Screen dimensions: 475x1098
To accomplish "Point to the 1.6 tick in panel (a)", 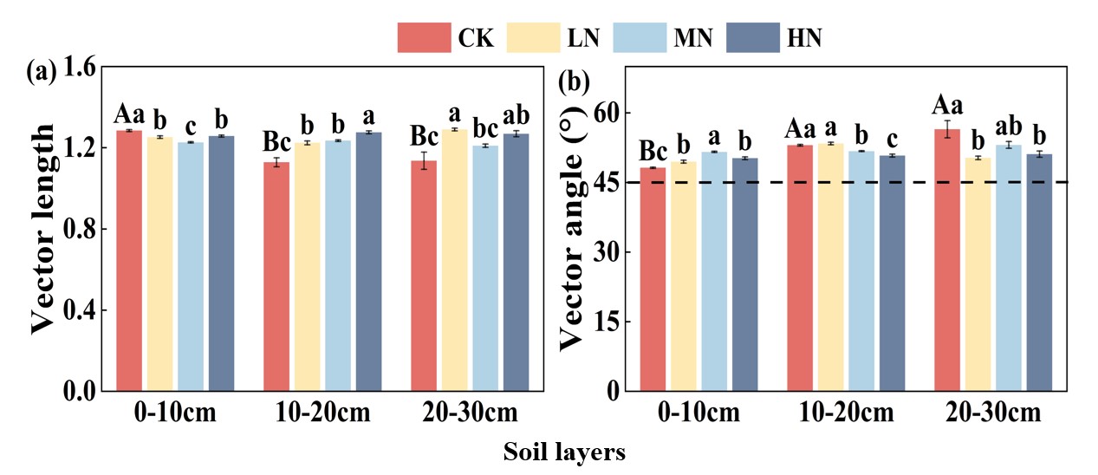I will [76, 67].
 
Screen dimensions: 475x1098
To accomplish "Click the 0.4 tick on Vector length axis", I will [76, 310].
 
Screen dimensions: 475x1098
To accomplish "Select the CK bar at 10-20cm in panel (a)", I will [276, 276].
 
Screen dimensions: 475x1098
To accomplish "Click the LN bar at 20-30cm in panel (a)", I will [455, 260].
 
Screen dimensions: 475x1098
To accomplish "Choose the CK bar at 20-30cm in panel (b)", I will [947, 260].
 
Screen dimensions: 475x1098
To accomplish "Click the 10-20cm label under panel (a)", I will [322, 413].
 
